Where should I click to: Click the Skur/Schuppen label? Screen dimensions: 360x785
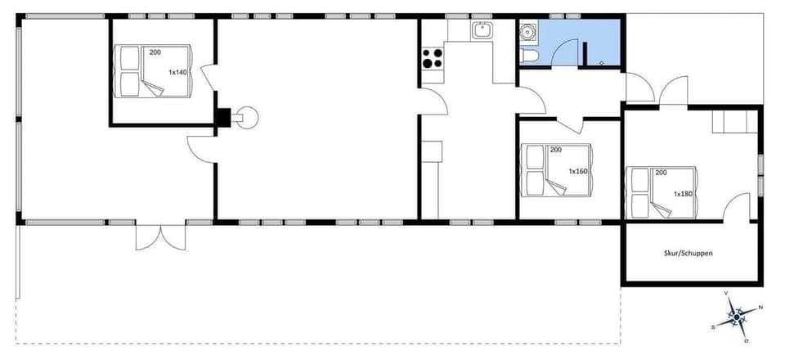click(688, 254)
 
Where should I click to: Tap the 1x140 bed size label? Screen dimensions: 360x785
click(178, 73)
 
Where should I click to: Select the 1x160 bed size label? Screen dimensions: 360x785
click(578, 171)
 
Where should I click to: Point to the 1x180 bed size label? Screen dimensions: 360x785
click(684, 194)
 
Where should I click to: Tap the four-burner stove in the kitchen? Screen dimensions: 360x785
click(432, 58)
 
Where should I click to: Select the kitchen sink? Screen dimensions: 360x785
click(481, 31)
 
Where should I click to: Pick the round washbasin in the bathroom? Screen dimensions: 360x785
click(526, 33)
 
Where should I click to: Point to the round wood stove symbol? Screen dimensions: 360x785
click(248, 118)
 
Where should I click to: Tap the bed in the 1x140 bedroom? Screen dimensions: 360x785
click(155, 71)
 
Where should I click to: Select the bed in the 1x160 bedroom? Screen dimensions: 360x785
click(557, 170)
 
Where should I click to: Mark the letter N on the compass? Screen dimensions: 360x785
click(760, 308)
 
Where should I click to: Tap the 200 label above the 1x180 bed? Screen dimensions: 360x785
click(661, 173)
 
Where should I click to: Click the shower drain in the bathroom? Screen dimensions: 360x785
click(602, 62)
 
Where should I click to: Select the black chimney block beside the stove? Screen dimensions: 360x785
click(222, 118)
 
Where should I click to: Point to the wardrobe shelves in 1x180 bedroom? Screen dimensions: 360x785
click(736, 123)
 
